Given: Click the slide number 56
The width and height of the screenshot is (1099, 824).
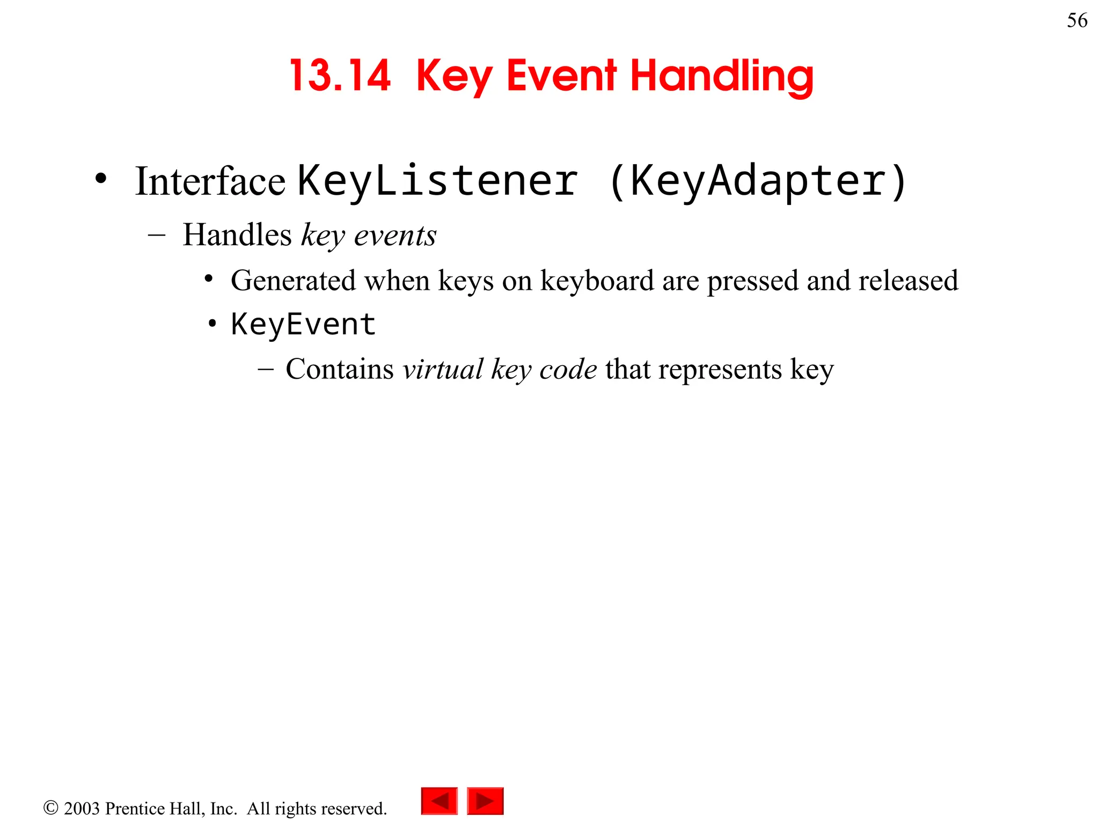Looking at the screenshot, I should tap(1076, 20).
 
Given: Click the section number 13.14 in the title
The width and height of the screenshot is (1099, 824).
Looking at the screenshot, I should tap(340, 76).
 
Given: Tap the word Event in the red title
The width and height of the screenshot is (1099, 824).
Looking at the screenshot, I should tap(561, 76).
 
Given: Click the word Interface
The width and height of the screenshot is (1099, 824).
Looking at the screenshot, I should tap(210, 181).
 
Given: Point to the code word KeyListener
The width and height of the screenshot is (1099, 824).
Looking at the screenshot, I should tap(438, 181).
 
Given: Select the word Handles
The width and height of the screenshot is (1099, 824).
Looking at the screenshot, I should tap(237, 235).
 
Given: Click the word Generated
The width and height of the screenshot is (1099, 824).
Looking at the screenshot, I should tap(293, 281).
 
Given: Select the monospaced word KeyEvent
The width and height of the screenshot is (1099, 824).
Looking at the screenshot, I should tap(303, 325).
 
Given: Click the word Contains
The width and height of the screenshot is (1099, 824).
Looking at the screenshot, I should tap(340, 369).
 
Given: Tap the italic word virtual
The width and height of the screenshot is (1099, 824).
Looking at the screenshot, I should tap(443, 369).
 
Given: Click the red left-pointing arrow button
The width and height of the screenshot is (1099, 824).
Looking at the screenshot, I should tap(439, 801).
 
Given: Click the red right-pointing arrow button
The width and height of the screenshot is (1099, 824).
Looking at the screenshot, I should tap(485, 801).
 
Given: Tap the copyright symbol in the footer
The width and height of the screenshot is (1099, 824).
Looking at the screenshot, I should tap(50, 808).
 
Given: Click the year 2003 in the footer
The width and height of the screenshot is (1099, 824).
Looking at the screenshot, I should tap(82, 808).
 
